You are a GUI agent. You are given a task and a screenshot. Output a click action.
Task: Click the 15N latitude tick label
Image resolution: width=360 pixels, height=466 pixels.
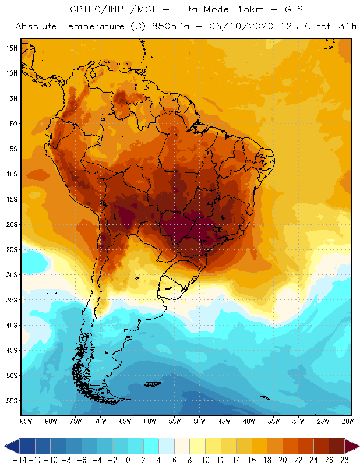pos(12,48)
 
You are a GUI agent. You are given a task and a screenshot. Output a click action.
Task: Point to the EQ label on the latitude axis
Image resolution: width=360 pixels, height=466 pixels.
pos(13,123)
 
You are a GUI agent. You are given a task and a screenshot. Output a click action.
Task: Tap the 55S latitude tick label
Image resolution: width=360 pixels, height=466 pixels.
pos(12,401)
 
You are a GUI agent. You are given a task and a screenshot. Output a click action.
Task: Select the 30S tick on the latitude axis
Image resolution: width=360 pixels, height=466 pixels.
pos(12,274)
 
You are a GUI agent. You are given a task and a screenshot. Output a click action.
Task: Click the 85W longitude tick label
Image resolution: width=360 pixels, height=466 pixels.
pos(26,421)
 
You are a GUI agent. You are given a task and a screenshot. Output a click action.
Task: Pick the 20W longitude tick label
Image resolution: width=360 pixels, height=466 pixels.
pos(347,421)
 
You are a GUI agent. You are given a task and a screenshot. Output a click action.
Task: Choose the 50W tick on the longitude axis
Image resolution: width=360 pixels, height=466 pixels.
pos(199,421)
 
